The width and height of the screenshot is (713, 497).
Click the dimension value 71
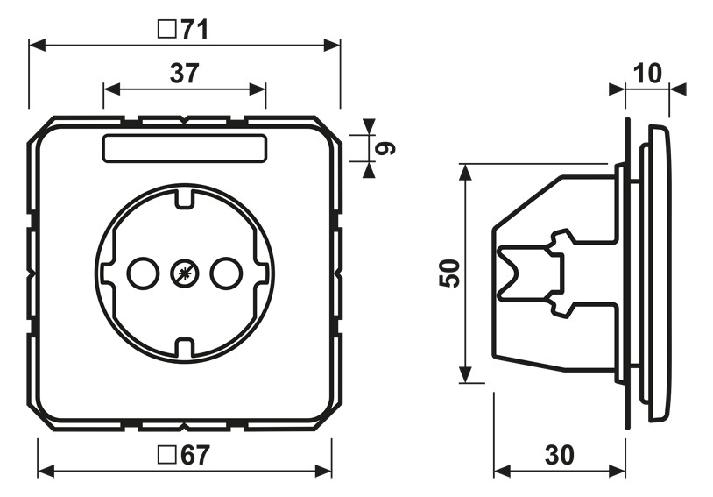195,30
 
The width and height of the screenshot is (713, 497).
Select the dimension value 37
185,74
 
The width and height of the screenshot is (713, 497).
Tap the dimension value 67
195,455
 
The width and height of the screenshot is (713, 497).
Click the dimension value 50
449,273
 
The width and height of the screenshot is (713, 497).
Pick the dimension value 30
560,455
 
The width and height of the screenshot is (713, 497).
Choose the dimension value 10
647,74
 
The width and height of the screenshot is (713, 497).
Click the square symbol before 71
167,30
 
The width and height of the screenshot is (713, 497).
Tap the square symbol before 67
167,455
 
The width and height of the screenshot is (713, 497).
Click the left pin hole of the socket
144,273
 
